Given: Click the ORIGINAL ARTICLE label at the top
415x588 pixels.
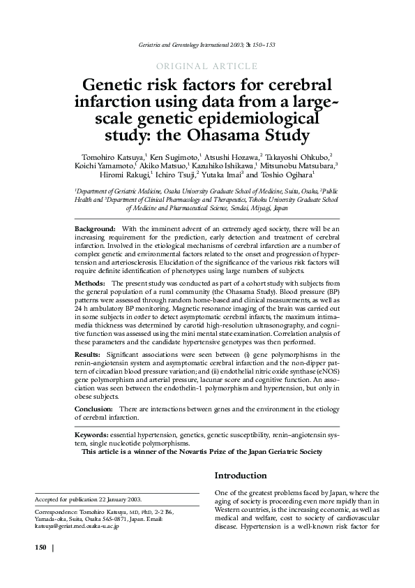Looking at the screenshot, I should click(x=208, y=66).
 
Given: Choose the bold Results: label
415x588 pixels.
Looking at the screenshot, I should click(x=89, y=355).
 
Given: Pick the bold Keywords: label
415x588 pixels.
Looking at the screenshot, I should click(x=92, y=434).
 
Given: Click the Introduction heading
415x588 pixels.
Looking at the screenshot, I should click(x=240, y=476).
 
